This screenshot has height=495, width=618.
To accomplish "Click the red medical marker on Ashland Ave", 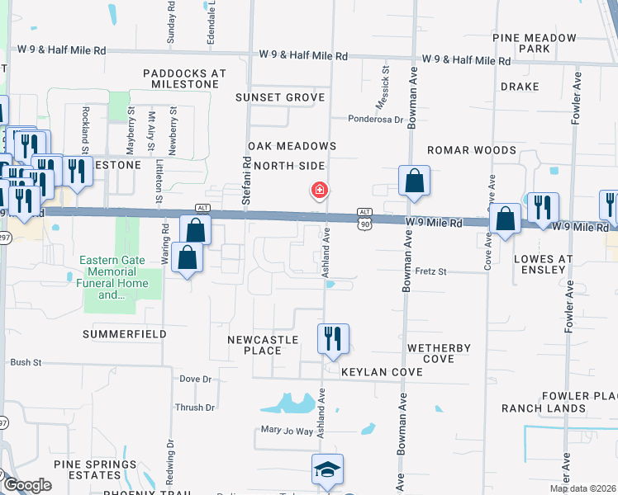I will point(319,191).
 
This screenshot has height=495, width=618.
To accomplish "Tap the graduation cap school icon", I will point(328,470).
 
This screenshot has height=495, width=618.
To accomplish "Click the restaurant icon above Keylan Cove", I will point(333,338).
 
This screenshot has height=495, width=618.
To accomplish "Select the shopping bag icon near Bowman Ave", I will point(414,180).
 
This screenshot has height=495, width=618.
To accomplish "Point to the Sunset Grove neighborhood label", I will point(280,97).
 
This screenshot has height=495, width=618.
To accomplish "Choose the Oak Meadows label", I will point(292,146).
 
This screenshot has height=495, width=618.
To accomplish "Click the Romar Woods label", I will point(471,150).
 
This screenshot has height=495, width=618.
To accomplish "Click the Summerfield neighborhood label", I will point(125,334).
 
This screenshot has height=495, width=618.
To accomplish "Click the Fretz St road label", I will point(430,271).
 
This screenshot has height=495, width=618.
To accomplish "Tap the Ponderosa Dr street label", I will point(375,120).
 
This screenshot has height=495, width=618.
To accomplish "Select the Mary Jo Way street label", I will point(288,431).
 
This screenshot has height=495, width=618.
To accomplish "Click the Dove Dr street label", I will point(196,379).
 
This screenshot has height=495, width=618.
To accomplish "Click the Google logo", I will point(26,485).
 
